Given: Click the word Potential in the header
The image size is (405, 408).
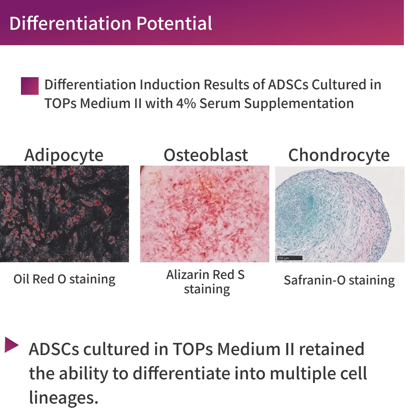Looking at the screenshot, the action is (x=174, y=24).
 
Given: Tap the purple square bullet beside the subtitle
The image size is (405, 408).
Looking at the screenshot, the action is (x=30, y=86).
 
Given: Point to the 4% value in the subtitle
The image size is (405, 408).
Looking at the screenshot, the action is (x=186, y=103).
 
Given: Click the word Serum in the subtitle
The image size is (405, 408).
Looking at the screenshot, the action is (x=220, y=103).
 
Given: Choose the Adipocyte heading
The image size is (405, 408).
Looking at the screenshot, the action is (x=64, y=155).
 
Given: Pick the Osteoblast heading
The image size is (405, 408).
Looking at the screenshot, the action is (x=206, y=155).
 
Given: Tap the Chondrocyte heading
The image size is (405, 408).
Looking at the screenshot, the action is (x=339, y=155).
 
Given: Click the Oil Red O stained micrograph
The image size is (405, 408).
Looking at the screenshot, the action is (x=64, y=214).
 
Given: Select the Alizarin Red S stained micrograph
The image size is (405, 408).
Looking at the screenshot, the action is (x=205, y=214).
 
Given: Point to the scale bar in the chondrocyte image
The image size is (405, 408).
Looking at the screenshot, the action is (x=289, y=258).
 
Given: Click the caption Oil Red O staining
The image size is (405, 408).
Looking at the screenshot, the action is (x=64, y=279).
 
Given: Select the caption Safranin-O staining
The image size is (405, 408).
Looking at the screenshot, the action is (x=339, y=280).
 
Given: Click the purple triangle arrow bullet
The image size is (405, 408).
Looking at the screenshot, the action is (x=11, y=345).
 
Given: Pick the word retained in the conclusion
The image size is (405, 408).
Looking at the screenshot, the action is (x=331, y=349).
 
